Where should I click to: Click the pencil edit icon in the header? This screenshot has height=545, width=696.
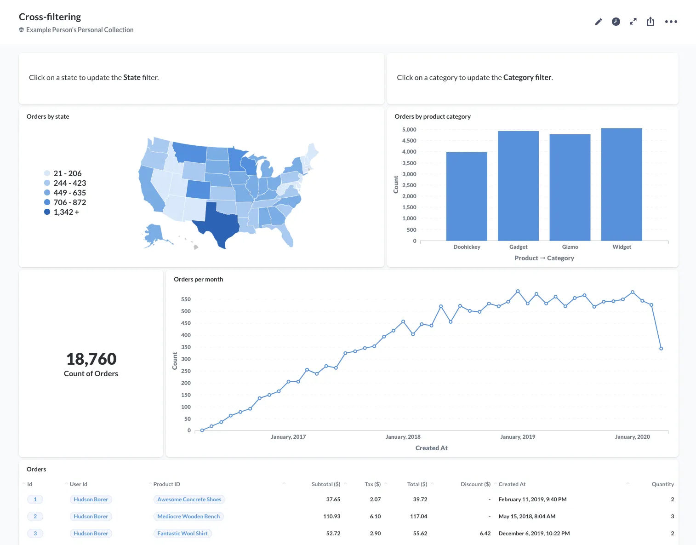pyautogui.click(x=598, y=22)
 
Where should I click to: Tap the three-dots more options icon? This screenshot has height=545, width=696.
pyautogui.click(x=671, y=22)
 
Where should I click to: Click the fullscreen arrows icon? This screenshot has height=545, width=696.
pyautogui.click(x=633, y=22)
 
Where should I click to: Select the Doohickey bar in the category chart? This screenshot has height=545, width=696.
pyautogui.click(x=467, y=198)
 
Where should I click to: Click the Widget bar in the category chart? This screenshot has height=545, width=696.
pyautogui.click(x=622, y=184)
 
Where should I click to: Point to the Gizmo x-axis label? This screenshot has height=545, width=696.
pyautogui.click(x=570, y=247)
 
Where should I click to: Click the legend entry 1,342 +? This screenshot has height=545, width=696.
pyautogui.click(x=66, y=212)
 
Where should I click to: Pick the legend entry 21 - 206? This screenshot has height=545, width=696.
pyautogui.click(x=67, y=173)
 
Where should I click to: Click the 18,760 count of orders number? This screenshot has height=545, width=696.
pyautogui.click(x=91, y=359)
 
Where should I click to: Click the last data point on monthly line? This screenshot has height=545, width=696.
pyautogui.click(x=661, y=349)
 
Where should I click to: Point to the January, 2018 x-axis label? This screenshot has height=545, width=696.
pyautogui.click(x=403, y=437)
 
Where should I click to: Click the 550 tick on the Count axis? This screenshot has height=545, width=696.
pyautogui.click(x=186, y=299)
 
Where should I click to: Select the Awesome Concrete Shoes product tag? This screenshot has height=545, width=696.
pyautogui.click(x=189, y=499)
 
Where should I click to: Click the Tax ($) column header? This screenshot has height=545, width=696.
pyautogui.click(x=372, y=484)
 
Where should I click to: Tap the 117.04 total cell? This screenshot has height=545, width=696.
pyautogui.click(x=418, y=516)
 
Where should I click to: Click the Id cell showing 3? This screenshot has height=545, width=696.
pyautogui.click(x=35, y=534)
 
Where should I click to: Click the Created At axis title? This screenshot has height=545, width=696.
pyautogui.click(x=431, y=448)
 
